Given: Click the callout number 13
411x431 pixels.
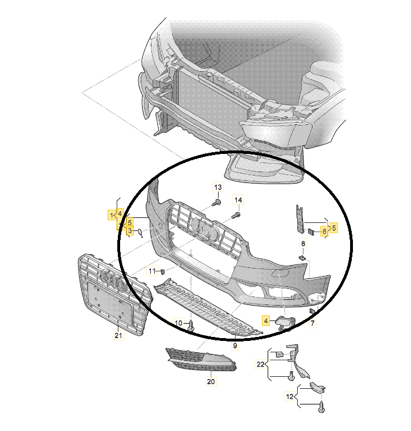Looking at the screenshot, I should point(218,187).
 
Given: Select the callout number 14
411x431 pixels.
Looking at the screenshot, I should point(239,200).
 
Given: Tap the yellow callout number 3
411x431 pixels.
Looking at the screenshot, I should point(130,231).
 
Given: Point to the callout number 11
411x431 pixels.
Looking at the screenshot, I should point(152,270).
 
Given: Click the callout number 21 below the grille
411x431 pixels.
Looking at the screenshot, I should point(118,336).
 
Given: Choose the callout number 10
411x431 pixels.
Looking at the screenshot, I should point(179,323).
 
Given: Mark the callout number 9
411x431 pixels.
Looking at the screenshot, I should point(234,345).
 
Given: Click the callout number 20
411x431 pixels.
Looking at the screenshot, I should point(210,381).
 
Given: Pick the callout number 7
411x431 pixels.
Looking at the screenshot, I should point(312,324).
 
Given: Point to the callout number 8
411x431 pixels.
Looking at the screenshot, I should point(303,243).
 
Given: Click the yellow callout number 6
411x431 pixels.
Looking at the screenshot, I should point(324,231).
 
